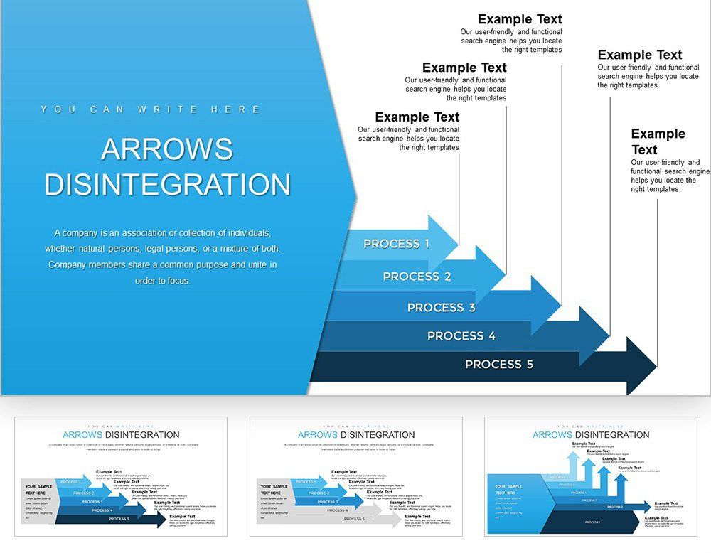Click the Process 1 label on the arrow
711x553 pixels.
click(396, 244)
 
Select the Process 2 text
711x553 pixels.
click(417, 276)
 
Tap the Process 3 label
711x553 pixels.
click(441, 308)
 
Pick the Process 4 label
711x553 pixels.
click(461, 336)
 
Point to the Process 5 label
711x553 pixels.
click(498, 365)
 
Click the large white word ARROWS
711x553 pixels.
click(167, 149)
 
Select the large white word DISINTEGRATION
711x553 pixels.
click(167, 185)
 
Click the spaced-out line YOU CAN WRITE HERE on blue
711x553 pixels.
click(151, 109)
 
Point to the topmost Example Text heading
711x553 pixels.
click(520, 19)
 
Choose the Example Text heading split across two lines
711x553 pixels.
click(658, 141)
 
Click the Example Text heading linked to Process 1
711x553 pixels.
click(417, 117)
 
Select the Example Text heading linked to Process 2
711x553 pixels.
click(464, 68)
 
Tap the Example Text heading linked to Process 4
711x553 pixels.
click(639, 55)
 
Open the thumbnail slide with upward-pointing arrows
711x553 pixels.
click(590, 476)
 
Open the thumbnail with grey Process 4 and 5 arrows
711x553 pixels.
click(355, 476)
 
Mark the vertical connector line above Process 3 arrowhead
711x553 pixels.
click(562, 178)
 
